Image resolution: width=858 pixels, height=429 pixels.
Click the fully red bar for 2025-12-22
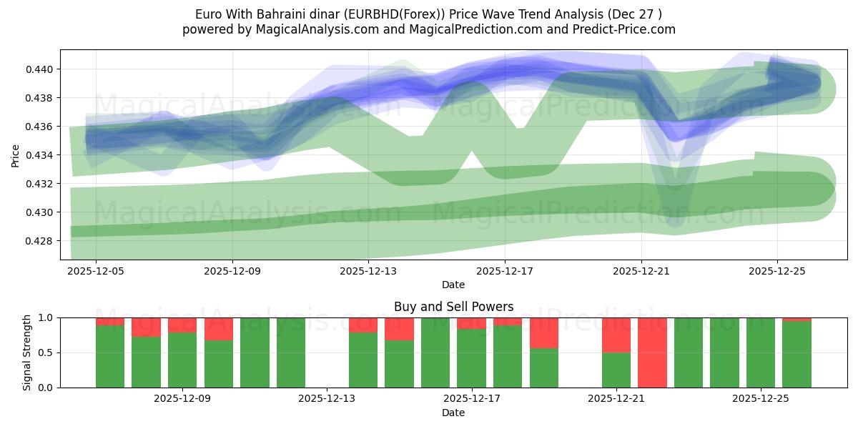[652, 352]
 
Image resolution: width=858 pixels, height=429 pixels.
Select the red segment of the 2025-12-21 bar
[616, 335]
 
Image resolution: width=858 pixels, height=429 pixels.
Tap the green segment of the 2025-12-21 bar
[616, 370]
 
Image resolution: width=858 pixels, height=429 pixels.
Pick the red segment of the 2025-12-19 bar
[543, 332]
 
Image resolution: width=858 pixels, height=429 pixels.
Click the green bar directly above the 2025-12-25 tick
[761, 352]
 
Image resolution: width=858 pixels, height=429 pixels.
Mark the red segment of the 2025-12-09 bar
[182, 325]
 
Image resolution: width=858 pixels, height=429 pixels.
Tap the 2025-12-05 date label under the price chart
[97, 272]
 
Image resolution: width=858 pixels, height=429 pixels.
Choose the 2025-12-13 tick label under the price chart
[369, 272]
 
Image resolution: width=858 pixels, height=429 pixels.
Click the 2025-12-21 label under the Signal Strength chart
[616, 399]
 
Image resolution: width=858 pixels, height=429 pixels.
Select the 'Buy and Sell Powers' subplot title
[453, 307]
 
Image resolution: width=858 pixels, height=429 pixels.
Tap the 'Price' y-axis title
[16, 155]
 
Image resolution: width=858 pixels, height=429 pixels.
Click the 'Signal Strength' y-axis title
[26, 352]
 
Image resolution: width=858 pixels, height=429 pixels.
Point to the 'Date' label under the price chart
[453, 285]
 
